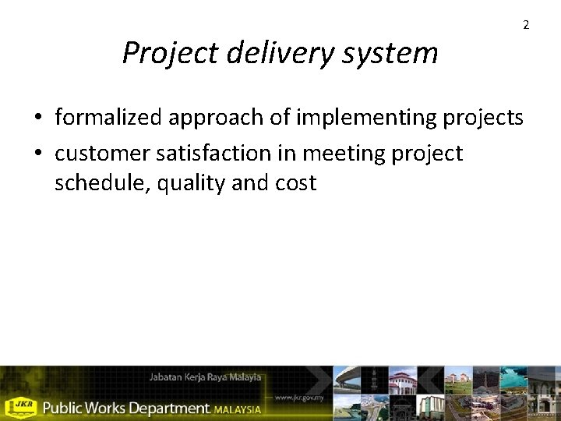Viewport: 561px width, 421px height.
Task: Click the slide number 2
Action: (526, 26)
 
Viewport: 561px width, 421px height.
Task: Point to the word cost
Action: (295, 183)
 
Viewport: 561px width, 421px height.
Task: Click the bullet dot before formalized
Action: (38, 119)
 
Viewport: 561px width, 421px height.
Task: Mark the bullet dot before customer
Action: (38, 154)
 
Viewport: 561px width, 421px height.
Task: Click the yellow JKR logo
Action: (21, 406)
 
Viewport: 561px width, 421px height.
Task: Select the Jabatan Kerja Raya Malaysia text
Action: (206, 377)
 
